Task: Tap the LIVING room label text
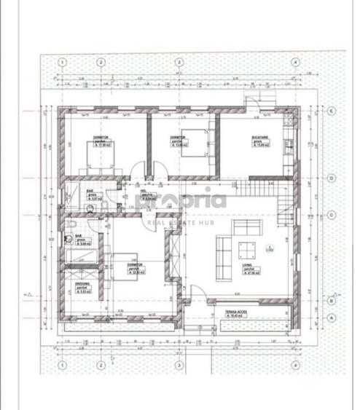click(249, 268)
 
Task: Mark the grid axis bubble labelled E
click(330, 111)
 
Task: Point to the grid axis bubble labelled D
click(330, 177)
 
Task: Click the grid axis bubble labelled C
click(330, 215)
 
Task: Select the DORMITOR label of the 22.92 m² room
click(133, 265)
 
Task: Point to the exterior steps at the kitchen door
click(250, 100)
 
